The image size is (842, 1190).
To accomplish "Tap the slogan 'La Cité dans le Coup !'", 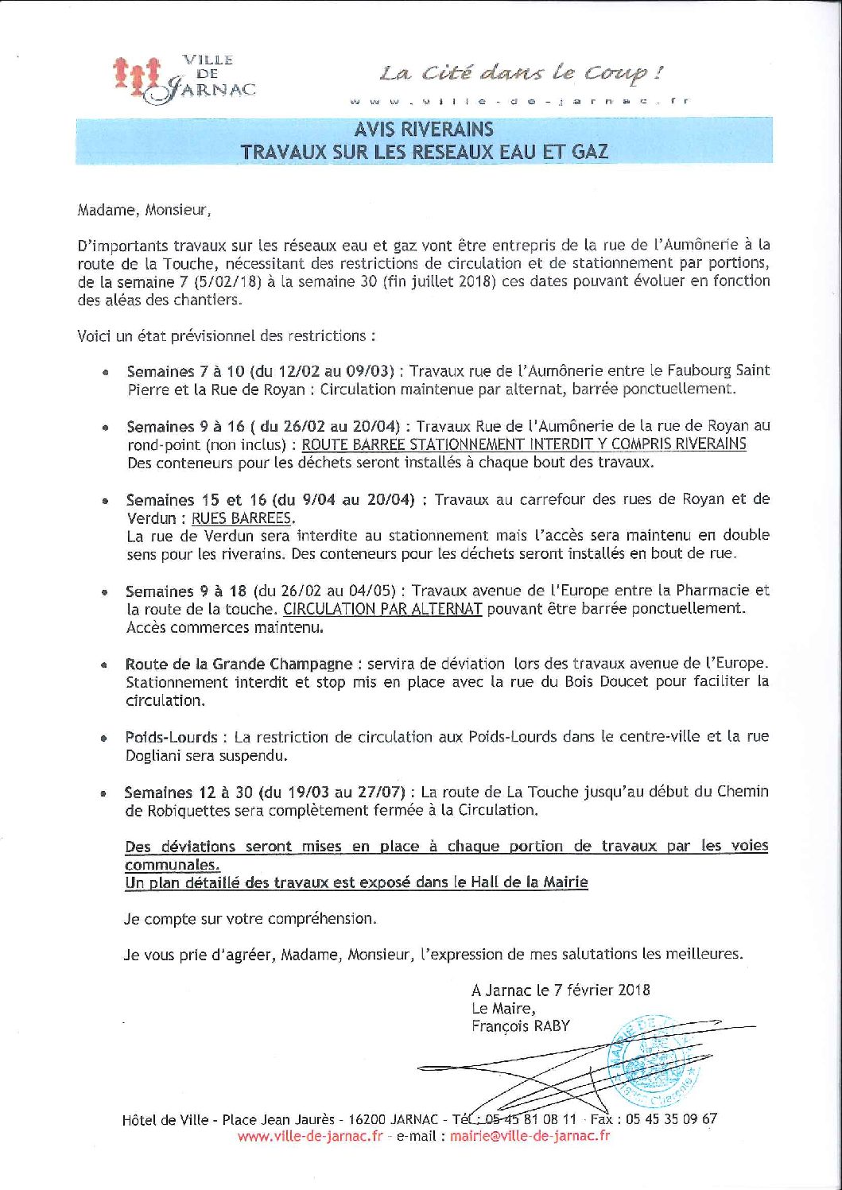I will click(x=521, y=74).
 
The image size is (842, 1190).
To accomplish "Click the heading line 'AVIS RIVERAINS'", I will click(x=424, y=130).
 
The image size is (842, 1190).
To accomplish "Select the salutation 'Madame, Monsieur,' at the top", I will click(x=144, y=211).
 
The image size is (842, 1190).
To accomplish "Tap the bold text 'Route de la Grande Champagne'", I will click(x=239, y=664).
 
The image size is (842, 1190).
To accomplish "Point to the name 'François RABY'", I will click(x=520, y=1026).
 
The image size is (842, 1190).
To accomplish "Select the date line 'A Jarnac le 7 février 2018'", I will click(x=561, y=990).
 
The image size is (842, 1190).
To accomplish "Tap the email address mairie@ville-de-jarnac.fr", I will click(x=530, y=1136).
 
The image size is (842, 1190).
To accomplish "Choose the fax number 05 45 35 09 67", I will click(x=671, y=1118).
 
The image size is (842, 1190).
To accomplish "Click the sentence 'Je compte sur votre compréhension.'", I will click(x=250, y=918).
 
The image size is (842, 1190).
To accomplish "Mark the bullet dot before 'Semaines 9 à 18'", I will click(x=104, y=593).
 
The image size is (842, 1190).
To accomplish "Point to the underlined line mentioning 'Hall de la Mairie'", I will click(x=356, y=882).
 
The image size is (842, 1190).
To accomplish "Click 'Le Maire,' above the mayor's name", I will click(x=503, y=1008).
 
